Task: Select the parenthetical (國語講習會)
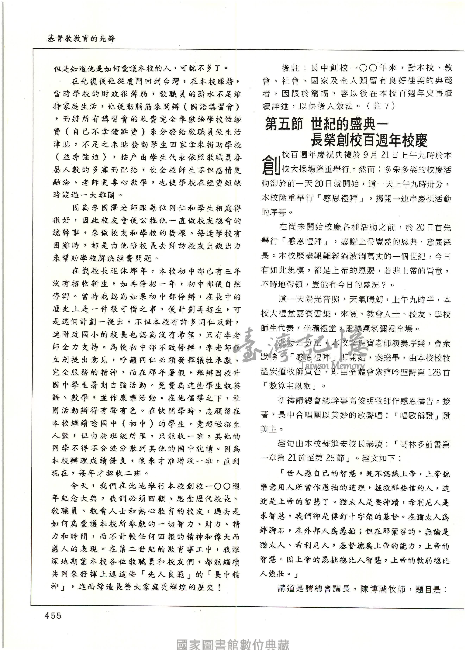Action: [212, 107]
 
